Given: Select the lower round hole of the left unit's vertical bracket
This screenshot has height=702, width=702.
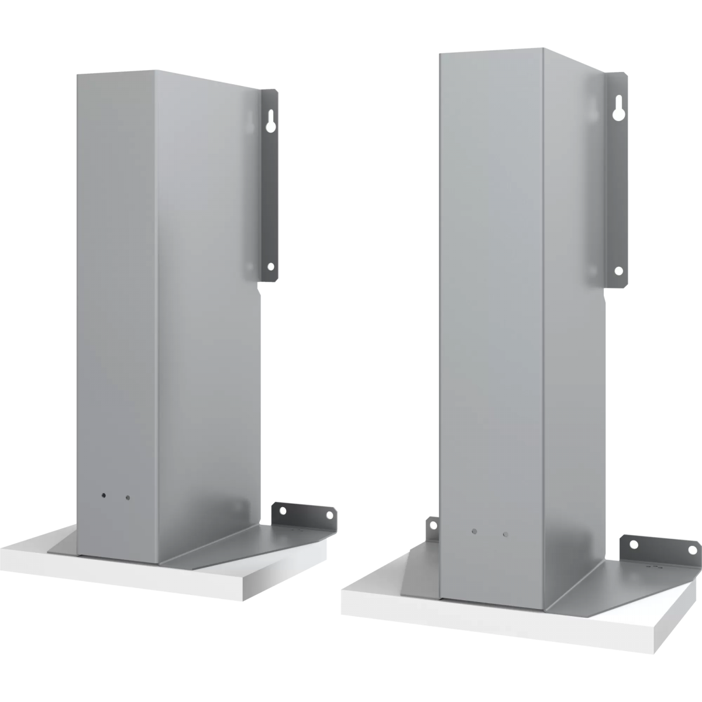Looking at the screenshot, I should coord(270,266).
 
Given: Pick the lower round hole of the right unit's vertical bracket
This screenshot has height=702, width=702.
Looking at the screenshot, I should coord(618,270).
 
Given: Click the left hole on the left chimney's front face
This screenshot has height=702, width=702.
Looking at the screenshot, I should coord(104,494).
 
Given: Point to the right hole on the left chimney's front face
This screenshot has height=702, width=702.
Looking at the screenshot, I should coord(128,498).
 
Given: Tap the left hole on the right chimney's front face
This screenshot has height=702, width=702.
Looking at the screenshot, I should coord(474,532).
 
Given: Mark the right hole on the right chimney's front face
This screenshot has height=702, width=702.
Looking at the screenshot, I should coord(505,535).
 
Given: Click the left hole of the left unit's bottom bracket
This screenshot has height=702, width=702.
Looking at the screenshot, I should coord(284,511).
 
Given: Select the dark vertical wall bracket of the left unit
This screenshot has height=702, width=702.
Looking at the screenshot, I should coord(270,187).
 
